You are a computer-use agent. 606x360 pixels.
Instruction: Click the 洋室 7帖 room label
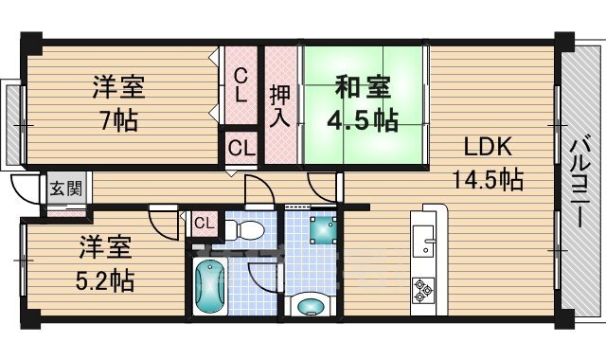pyautogui.click(x=117, y=102)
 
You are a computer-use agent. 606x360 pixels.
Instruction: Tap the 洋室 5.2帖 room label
pyautogui.click(x=104, y=265)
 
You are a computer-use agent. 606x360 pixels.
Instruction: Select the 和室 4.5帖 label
pyautogui.click(x=364, y=105)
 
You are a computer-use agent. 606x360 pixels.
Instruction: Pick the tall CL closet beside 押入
pyautogui.click(x=241, y=85)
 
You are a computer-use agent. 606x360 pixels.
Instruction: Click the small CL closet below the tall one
pyautogui.click(x=241, y=148)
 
